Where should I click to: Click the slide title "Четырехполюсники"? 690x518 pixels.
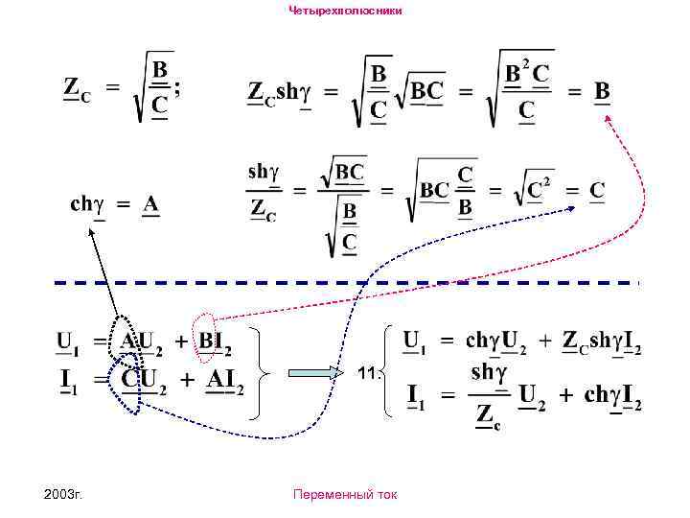pos(345,10)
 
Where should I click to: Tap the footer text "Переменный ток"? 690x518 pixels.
pos(345,495)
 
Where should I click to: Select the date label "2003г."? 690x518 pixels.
pos(64,495)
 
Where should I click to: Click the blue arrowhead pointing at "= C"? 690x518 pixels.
pos(572,206)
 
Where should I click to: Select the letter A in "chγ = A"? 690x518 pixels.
pos(150,204)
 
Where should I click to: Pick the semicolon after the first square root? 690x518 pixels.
pos(177,87)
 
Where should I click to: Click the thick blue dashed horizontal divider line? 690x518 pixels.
pos(345,283)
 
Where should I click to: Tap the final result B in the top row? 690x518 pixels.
pos(602,91)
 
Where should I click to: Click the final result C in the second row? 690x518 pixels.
pos(597,190)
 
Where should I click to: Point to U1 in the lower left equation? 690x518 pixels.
pos(69,341)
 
